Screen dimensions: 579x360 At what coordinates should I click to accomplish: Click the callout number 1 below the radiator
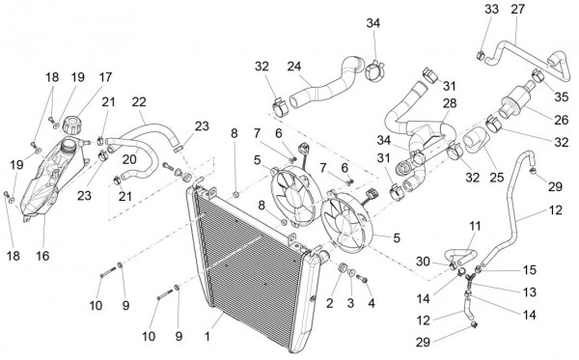(x=207, y=337)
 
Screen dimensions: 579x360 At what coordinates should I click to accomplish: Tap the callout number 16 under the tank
(x=42, y=256)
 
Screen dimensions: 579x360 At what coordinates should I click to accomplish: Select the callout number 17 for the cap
(x=105, y=77)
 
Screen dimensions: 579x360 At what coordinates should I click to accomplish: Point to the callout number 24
(x=294, y=67)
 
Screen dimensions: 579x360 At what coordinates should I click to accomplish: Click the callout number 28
(x=450, y=103)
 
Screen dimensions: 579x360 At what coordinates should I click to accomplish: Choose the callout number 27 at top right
(x=517, y=9)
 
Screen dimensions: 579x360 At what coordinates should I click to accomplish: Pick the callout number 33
(x=491, y=9)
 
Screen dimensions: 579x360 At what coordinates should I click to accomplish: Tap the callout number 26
(x=562, y=120)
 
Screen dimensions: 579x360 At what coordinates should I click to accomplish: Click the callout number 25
(x=497, y=178)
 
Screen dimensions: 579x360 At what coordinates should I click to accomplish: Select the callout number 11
(x=475, y=226)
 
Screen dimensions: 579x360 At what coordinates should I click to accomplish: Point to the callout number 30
(x=424, y=262)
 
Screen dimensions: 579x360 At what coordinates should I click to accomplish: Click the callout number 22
(x=139, y=102)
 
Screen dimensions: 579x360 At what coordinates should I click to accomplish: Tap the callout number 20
(x=129, y=159)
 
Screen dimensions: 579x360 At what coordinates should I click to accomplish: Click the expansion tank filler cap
(x=71, y=125)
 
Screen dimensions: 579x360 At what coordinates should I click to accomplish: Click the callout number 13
(x=530, y=292)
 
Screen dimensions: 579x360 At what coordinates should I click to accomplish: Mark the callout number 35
(x=562, y=97)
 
